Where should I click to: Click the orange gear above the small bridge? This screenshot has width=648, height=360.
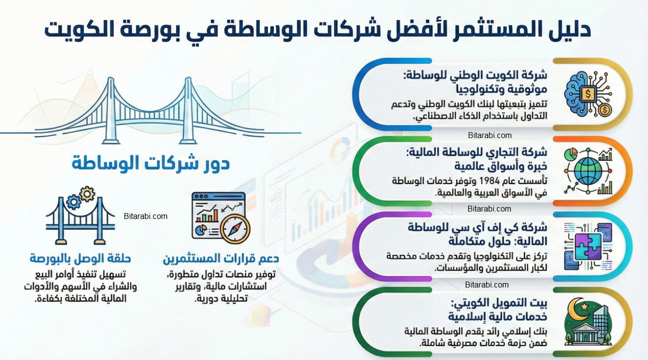(x=87, y=194)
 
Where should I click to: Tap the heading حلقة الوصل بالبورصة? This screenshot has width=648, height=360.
(x=80, y=258)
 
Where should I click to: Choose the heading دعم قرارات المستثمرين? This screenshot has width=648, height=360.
(x=221, y=258)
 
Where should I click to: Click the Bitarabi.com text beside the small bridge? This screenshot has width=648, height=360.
(x=145, y=216)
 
